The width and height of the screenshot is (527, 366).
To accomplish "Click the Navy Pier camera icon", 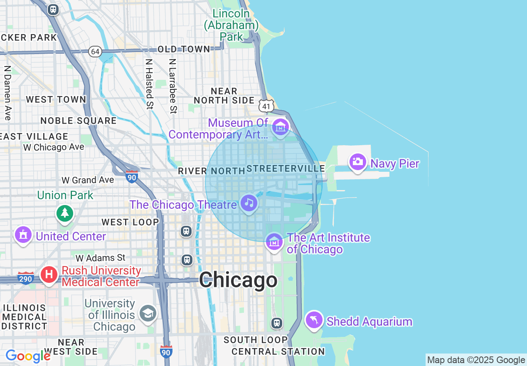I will (357, 162).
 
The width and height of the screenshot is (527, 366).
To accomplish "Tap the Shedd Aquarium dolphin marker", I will (314, 320).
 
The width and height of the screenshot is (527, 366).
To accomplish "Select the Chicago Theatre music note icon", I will (249, 203).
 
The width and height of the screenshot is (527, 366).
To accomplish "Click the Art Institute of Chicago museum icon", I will (274, 241).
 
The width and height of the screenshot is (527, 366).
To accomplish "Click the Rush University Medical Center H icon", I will (49, 275).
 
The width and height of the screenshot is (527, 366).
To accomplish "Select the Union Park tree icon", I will (64, 213).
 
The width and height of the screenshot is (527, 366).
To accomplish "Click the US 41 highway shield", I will (266, 106).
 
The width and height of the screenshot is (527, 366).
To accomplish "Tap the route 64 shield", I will (95, 52).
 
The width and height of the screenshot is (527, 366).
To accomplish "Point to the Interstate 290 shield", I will (26, 278).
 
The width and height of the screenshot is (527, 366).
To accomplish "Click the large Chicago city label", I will (238, 280).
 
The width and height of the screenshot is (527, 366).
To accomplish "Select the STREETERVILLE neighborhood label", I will (286, 168).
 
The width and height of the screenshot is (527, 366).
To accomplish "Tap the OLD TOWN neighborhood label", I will (184, 49).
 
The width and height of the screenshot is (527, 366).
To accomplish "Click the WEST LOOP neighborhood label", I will (130, 222).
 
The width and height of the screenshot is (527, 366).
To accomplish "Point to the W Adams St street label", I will (100, 258).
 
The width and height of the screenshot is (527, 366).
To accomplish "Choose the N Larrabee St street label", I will (172, 86).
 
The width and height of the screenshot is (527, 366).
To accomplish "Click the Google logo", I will (28, 356).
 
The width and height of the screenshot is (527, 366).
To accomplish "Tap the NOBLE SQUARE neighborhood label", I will (79, 121).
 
